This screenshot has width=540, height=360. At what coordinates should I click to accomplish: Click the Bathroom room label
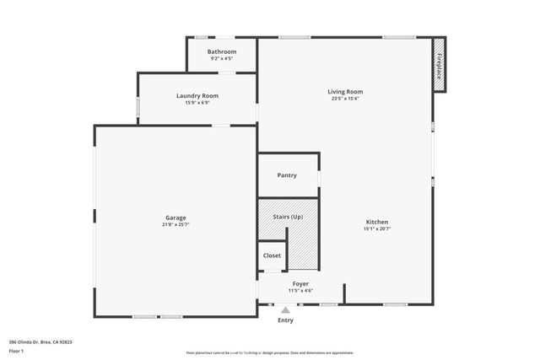pyautogui.click(x=222, y=51)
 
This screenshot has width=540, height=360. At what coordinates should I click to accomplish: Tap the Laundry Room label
pyautogui.click(x=197, y=95)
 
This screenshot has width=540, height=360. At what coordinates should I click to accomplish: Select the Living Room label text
pyautogui.click(x=345, y=91)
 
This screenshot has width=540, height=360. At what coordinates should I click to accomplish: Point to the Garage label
pyautogui.click(x=175, y=218)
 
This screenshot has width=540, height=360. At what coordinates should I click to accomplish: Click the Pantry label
pyautogui.click(x=287, y=175)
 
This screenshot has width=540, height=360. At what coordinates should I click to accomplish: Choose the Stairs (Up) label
pyautogui.click(x=288, y=217)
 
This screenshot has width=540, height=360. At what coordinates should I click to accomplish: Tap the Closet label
pyautogui.click(x=272, y=255)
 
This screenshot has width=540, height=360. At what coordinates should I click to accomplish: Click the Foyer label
pyautogui.click(x=300, y=283)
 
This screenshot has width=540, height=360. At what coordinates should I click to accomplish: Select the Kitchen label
pyautogui.click(x=376, y=222)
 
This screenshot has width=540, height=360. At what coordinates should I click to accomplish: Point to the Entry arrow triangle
pyautogui.click(x=285, y=309)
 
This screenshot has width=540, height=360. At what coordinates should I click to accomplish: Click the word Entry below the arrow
pyautogui.click(x=285, y=320)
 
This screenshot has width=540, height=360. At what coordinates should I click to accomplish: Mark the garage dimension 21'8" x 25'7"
pyautogui.click(x=175, y=225)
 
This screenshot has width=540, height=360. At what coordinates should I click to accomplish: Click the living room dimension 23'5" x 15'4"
pyautogui.click(x=345, y=99)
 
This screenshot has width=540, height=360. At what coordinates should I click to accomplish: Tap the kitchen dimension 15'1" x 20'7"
pyautogui.click(x=376, y=228)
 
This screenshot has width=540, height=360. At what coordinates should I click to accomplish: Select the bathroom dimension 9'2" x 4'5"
pyautogui.click(x=222, y=59)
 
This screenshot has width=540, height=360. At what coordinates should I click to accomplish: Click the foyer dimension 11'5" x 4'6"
pyautogui.click(x=300, y=291)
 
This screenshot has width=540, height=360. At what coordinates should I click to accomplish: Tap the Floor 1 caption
pyautogui.click(x=16, y=351)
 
